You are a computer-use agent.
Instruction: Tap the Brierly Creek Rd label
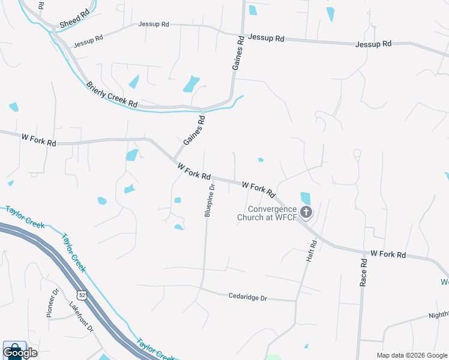tap(112, 95)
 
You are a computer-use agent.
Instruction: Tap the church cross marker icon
tap(307, 212)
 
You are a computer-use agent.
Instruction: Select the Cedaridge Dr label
tap(247, 296)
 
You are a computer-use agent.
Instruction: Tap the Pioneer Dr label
tap(52, 303)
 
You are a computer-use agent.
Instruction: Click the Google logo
tap(20, 352)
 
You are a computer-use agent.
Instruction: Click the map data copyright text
tap(411, 355)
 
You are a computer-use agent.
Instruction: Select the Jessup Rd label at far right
tap(373, 44)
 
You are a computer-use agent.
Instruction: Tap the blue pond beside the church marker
tap(305, 197)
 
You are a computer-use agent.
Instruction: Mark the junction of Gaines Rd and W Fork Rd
tap(175, 159)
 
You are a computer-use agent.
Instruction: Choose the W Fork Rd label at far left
tap(38, 140)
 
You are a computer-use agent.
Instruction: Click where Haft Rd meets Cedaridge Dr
tap(296, 300)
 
